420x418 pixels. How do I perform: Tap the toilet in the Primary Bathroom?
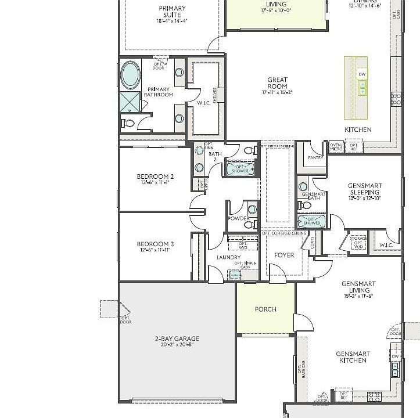click(x=128, y=122)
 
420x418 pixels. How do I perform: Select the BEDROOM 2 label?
click(x=155, y=176)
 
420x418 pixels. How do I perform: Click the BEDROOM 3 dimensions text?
click(x=155, y=250)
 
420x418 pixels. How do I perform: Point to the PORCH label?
click(x=265, y=309)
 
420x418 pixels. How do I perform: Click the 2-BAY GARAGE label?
click(x=177, y=338)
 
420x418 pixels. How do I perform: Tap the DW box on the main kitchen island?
click(x=362, y=74)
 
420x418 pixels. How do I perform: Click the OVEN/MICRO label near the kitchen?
click(x=336, y=147)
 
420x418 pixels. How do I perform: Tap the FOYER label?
click(x=284, y=255)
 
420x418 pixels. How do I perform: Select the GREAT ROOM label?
click(x=278, y=83)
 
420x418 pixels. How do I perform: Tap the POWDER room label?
click(x=238, y=219)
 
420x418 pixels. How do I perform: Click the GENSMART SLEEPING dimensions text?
click(x=364, y=199)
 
